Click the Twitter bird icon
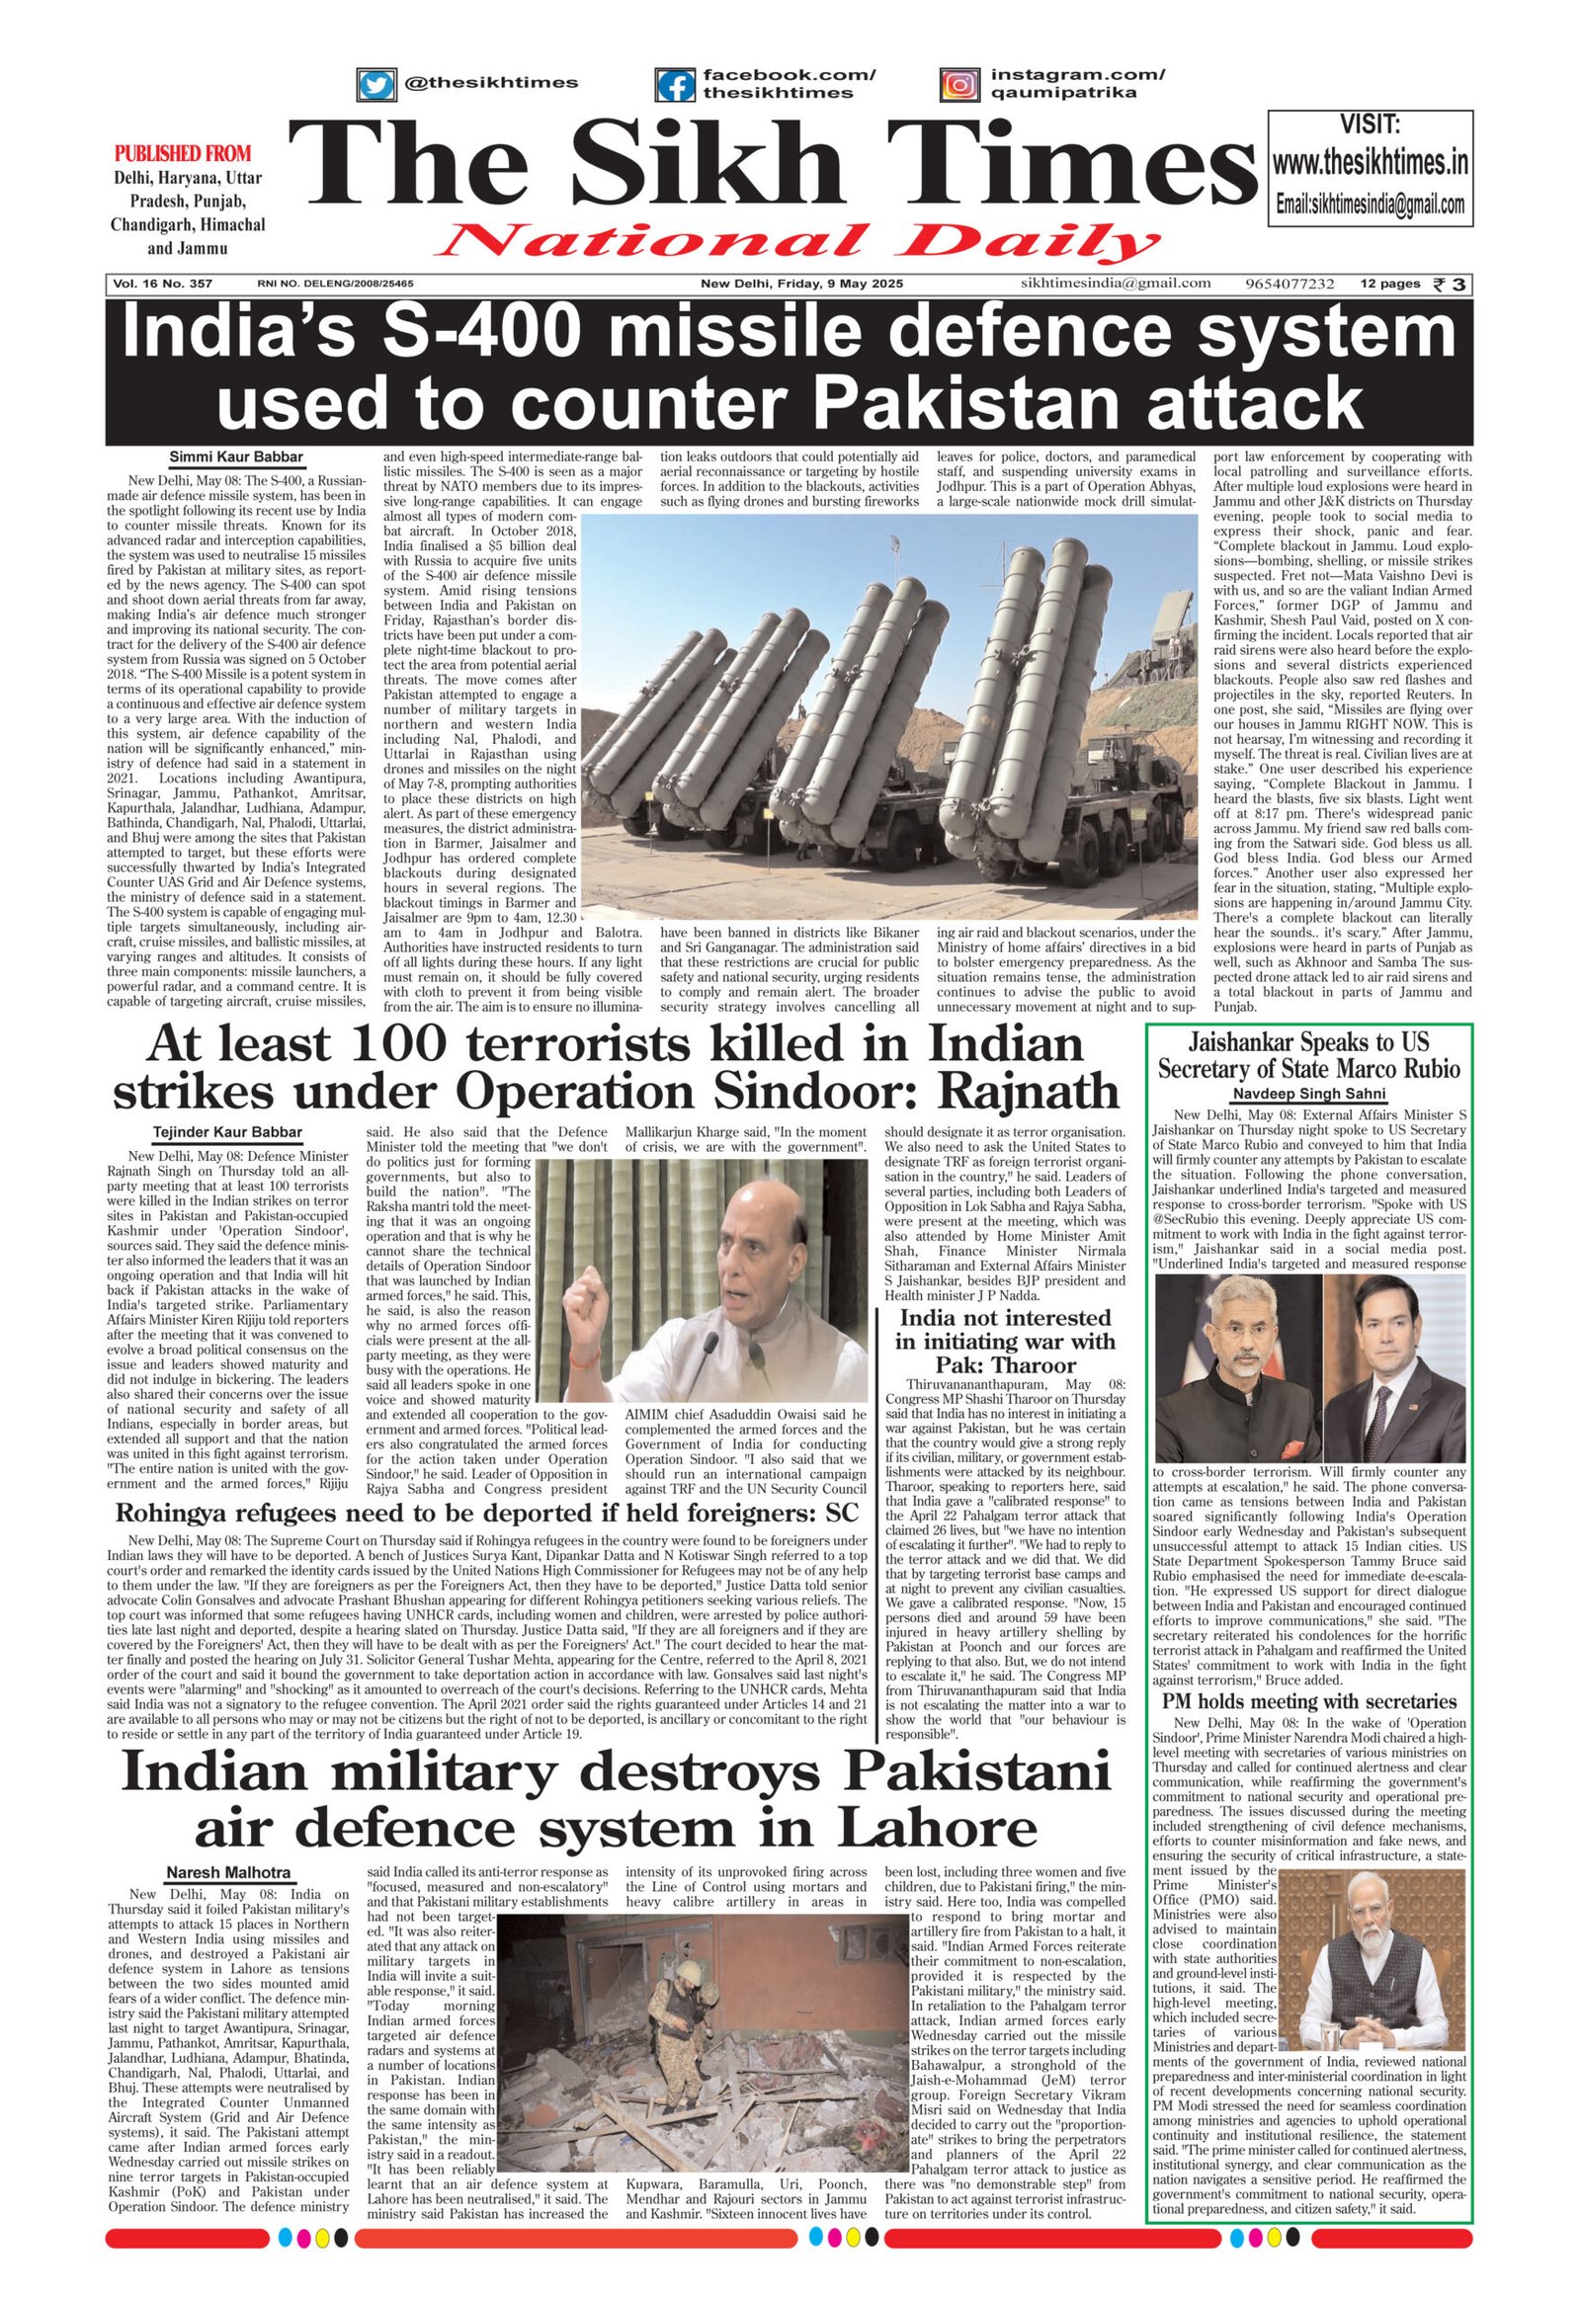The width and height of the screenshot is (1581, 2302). (375, 84)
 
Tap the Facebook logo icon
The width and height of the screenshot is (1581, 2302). (675, 85)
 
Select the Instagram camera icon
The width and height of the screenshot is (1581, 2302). (958, 85)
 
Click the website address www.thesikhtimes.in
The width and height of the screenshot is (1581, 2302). (1370, 161)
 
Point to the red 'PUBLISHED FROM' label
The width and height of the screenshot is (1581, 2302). (183, 153)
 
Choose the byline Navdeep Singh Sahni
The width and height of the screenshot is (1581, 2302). (1308, 1094)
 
